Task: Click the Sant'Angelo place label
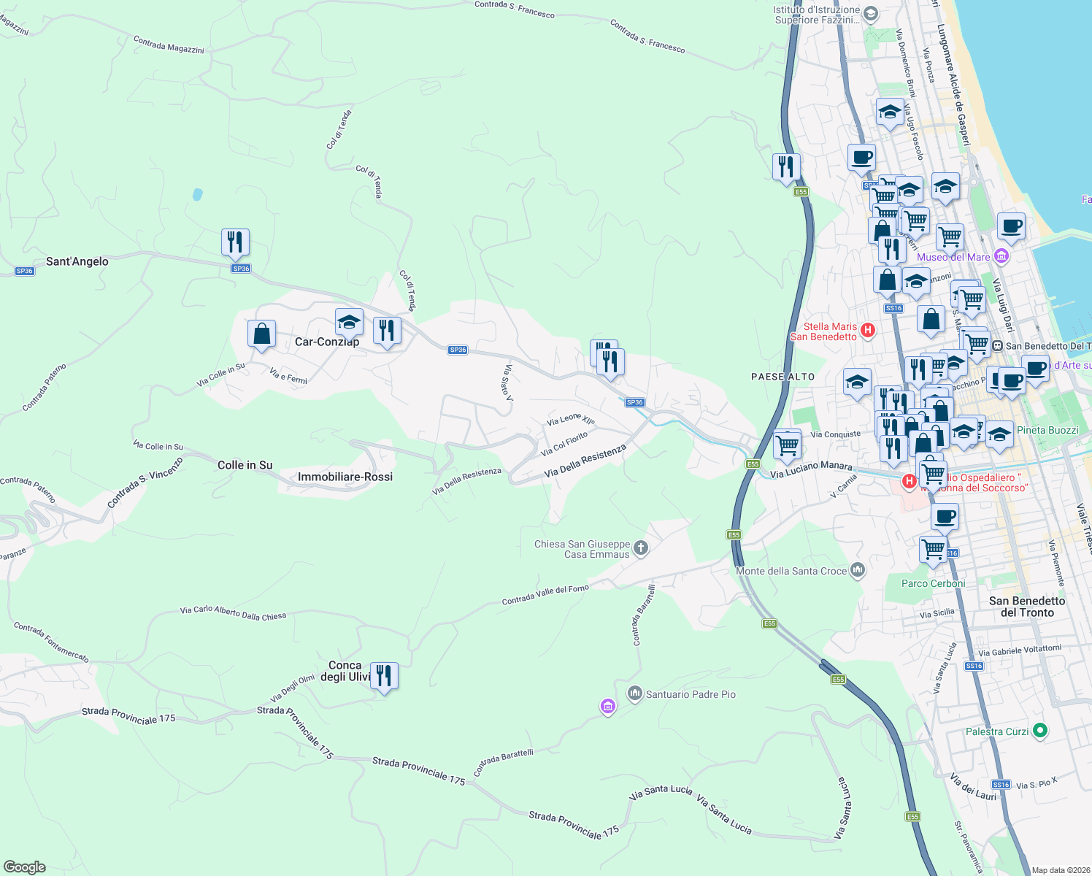click(77, 261)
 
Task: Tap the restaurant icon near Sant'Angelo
click(235, 242)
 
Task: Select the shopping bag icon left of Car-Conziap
click(261, 334)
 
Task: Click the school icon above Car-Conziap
click(349, 322)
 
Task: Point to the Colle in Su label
click(245, 465)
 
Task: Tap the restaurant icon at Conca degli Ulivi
click(384, 675)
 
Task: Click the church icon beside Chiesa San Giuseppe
click(641, 548)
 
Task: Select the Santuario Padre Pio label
click(691, 694)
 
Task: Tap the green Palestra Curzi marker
click(1041, 730)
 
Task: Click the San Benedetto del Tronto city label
click(1027, 607)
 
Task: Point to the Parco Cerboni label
click(933, 583)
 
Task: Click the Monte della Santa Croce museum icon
click(858, 569)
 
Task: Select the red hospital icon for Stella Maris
click(868, 330)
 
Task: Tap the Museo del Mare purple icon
click(1001, 256)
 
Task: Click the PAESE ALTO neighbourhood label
click(783, 377)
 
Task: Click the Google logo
click(24, 867)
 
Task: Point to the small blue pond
click(197, 195)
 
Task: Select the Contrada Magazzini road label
click(169, 45)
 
